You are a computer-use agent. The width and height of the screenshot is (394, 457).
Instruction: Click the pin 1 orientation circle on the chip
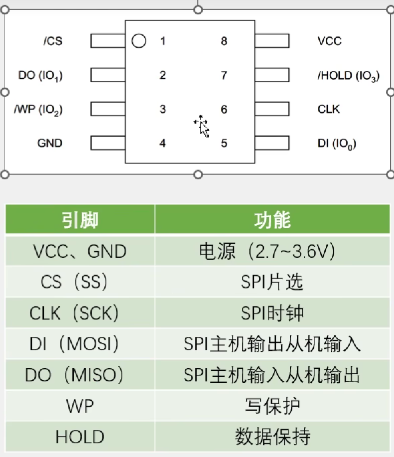[x=139, y=41]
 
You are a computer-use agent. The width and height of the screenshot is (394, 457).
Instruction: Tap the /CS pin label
[x=53, y=41]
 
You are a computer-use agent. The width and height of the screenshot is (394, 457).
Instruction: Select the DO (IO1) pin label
[x=40, y=76]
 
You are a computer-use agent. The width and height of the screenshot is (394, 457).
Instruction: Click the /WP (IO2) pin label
[x=38, y=110]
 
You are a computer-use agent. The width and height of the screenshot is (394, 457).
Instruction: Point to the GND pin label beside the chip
[x=50, y=144]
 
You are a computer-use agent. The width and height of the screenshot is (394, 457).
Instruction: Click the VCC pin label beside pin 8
[x=329, y=41]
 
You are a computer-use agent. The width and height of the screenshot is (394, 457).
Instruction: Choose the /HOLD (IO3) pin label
[x=348, y=76]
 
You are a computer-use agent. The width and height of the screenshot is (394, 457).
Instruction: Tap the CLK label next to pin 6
[x=329, y=109]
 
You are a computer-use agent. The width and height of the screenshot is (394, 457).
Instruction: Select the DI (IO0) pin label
[x=337, y=144]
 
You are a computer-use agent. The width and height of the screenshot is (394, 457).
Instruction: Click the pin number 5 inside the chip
[x=224, y=144]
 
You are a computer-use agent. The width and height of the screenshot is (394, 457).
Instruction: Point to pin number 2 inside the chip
[x=162, y=76]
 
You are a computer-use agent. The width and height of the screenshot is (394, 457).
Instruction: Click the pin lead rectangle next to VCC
[x=272, y=41]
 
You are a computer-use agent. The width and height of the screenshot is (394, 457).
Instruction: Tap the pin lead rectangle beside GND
[x=108, y=144]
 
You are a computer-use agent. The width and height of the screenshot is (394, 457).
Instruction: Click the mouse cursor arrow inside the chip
[x=203, y=127]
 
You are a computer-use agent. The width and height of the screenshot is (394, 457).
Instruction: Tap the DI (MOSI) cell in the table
[x=80, y=344]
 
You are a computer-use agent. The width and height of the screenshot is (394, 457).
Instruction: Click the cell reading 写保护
[x=272, y=406]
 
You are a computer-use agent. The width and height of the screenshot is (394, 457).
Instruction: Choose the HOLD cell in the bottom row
[x=80, y=437]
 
